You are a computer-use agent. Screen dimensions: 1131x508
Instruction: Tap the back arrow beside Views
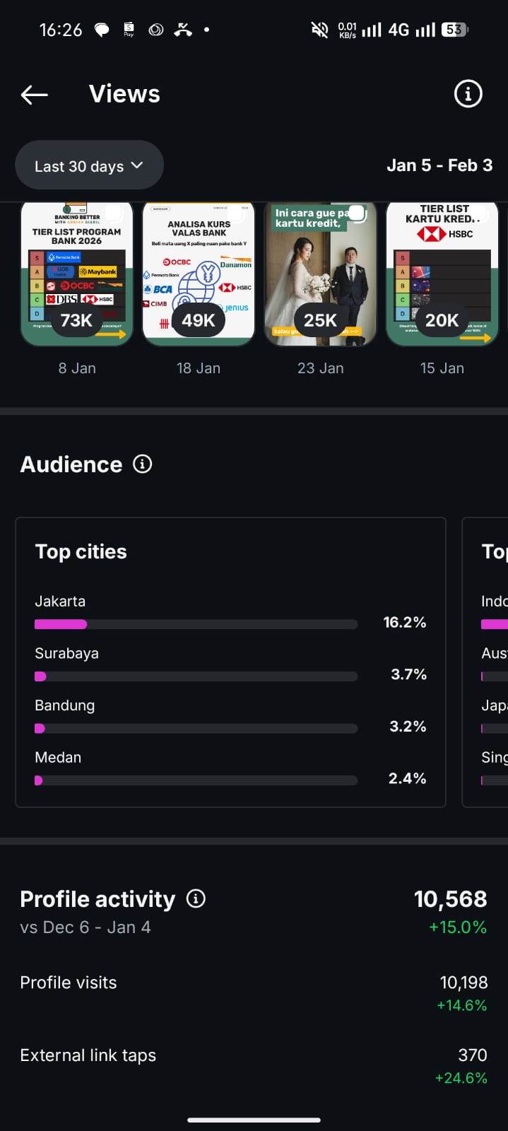coord(34,94)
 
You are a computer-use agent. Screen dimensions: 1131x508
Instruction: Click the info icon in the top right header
coord(468,93)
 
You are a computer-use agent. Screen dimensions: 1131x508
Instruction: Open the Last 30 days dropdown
coord(89,165)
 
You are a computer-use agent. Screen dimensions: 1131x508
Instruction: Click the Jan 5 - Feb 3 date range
coord(439,165)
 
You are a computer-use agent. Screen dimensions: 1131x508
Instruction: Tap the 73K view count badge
coord(76,320)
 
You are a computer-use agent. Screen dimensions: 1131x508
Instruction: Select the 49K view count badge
coord(199,320)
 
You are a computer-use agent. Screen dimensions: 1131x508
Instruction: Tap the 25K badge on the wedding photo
coord(320,320)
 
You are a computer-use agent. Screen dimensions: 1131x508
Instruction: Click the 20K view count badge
coord(442,320)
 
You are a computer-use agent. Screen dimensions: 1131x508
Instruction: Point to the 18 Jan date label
coord(199,368)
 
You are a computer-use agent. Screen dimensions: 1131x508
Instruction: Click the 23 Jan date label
coord(321,368)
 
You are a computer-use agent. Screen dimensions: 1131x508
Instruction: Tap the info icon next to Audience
coord(143,464)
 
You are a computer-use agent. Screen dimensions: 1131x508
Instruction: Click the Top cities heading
coord(81,551)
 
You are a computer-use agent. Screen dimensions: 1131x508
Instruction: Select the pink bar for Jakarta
coord(61,624)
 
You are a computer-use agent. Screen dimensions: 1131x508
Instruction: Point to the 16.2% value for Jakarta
coord(405,622)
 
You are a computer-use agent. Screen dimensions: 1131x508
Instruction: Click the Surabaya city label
coord(67,653)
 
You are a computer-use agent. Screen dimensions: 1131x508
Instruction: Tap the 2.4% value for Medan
coord(407,778)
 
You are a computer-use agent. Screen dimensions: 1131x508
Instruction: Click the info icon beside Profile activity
coord(196,898)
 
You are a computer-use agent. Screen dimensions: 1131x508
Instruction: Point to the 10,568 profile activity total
coord(450,898)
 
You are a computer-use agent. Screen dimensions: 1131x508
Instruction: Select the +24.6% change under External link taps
coord(461,1078)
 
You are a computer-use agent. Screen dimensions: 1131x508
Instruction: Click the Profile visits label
coord(69,983)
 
